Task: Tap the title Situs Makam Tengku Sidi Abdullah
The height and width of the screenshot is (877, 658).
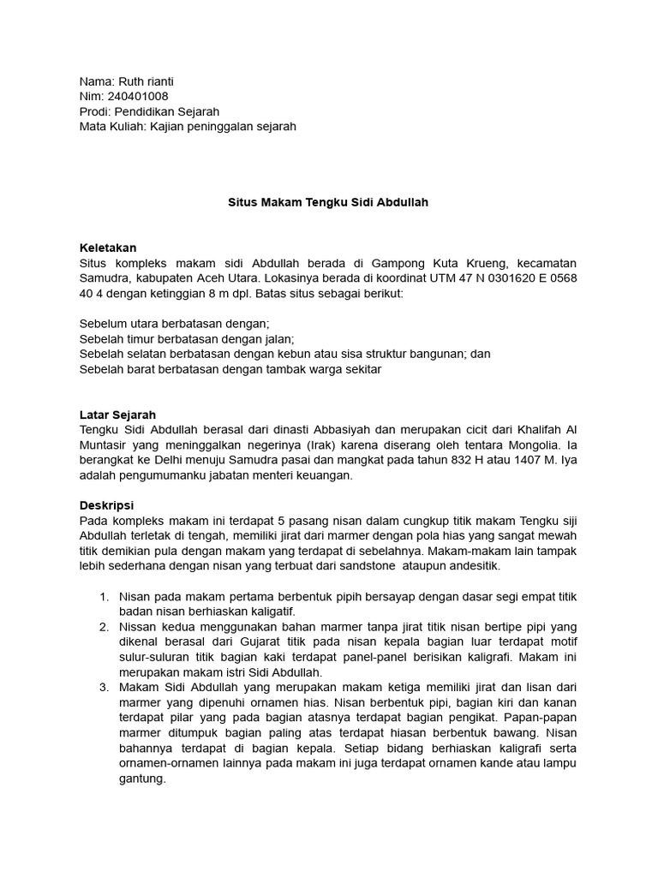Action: pos(328,203)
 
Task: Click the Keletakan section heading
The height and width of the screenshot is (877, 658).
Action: pos(108,248)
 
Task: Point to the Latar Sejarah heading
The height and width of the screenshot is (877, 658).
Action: pos(117,415)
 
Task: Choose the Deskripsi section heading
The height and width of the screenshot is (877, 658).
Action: pos(107,505)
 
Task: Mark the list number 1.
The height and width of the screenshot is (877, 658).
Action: pos(105,596)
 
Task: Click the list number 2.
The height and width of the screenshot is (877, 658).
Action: pos(105,627)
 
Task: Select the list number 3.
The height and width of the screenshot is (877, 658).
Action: pos(105,687)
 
